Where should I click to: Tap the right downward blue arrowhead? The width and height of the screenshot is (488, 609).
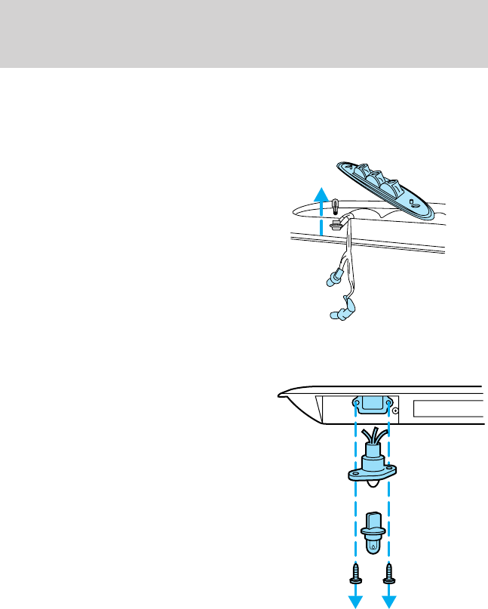point(390,601)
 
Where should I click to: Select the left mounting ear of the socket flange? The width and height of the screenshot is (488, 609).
point(353,475)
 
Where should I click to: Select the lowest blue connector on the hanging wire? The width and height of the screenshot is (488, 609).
point(339,312)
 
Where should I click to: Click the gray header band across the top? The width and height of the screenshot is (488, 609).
point(244,33)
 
